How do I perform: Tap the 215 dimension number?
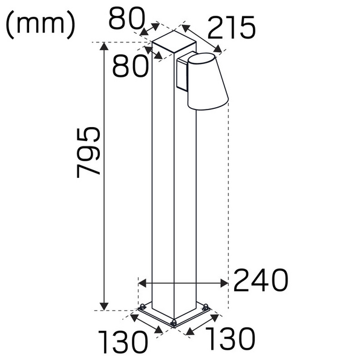pyautogui.click(x=231, y=28)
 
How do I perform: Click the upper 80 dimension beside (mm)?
pyautogui.click(x=129, y=19)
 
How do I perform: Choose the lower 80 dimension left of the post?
pyautogui.click(x=129, y=66)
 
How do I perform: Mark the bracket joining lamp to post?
pyautogui.click(x=182, y=74)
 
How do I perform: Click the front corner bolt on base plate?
pyautogui.click(x=174, y=322)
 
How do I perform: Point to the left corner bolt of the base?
pyautogui.click(x=142, y=308)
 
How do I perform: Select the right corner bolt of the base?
pyautogui.click(x=206, y=308)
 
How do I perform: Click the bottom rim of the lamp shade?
pyautogui.click(x=209, y=106)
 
